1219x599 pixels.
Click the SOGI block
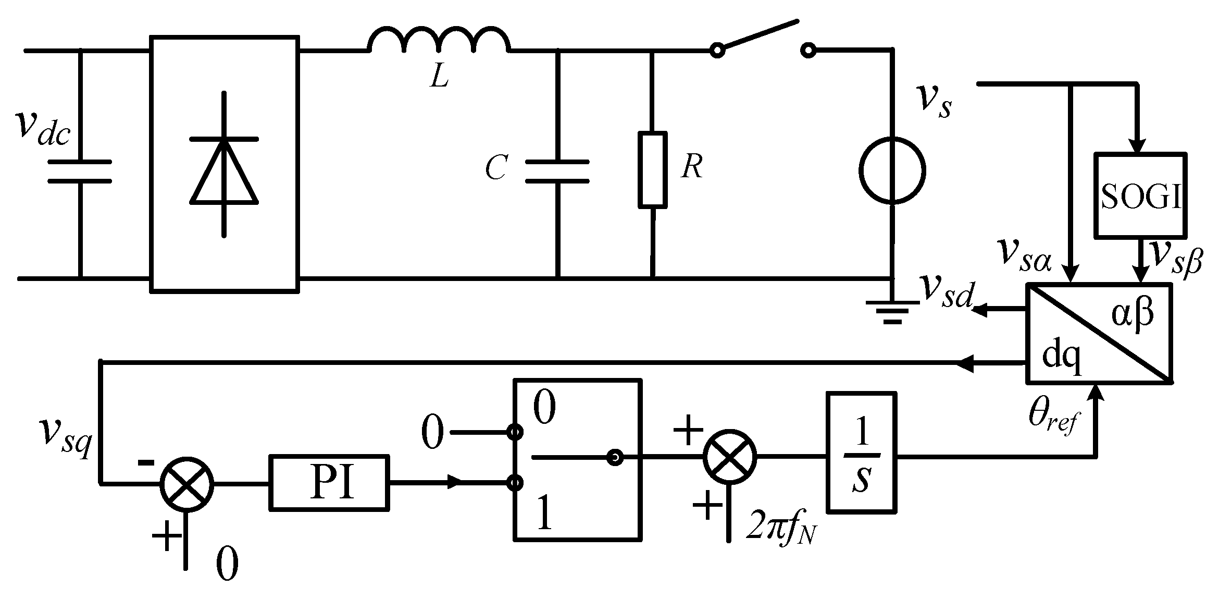click(1140, 195)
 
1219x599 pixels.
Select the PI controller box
click(329, 482)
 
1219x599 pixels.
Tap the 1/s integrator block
click(862, 451)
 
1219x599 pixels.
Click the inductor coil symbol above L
click(439, 42)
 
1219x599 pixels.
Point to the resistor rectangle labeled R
click(652, 170)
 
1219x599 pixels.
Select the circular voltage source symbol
click(892, 170)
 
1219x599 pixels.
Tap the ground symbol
click(892, 312)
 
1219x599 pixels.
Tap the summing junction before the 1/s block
click(730, 456)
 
